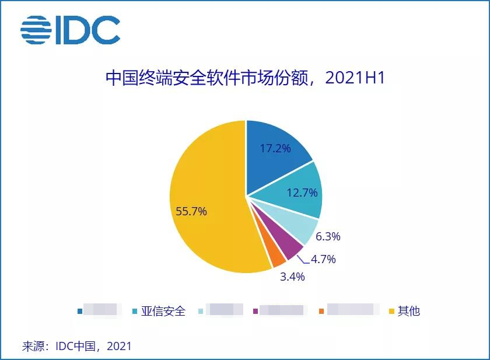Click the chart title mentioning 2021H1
point(245,78)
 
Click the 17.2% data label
point(275,148)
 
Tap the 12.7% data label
point(303,192)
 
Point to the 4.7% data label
point(323,259)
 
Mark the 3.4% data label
point(292,277)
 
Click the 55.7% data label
point(191,212)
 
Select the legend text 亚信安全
point(163,311)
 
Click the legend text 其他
point(409,311)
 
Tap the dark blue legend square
point(80,311)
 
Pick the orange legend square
point(321,311)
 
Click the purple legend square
point(255,311)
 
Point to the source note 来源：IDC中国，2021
point(77,346)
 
